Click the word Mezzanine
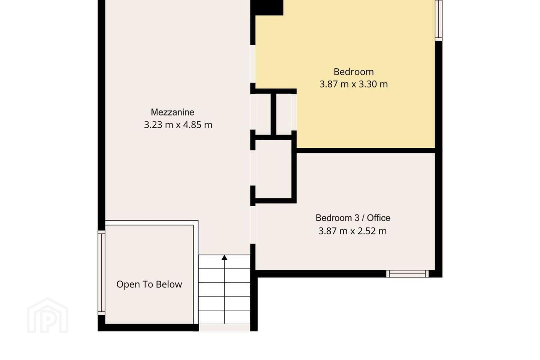pos(172,112)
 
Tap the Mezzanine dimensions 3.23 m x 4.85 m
pos(178,125)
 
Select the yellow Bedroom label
pos(354,72)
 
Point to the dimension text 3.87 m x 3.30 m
pos(354,84)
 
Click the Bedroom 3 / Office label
pos(353,218)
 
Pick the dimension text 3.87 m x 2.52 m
pos(352,231)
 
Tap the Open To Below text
pos(149,284)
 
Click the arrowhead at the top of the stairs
pos(224,258)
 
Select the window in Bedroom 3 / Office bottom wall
pos(407,274)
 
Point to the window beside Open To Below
pos(102,273)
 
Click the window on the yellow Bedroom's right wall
pos(439,21)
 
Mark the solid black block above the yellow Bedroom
pos(267,8)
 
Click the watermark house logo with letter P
pos(48,315)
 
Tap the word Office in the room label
pos(378,218)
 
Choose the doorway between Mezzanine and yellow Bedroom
pos(253,64)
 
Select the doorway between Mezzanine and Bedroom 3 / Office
pos(253,225)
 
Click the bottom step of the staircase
pos(224,317)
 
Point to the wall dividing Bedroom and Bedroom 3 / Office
pos(366,151)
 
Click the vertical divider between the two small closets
pos(273,114)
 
